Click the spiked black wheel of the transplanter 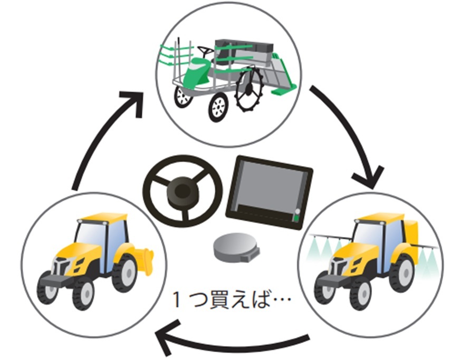(250, 92)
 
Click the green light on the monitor (296, 215)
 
